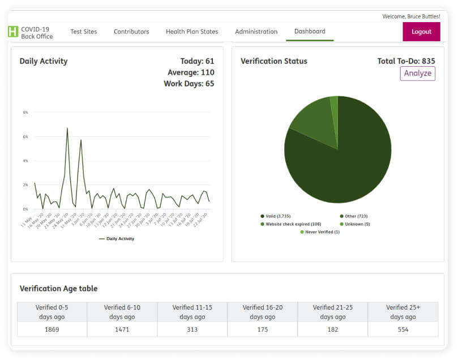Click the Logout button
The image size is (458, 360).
[421, 32]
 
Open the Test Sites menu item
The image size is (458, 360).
[84, 32]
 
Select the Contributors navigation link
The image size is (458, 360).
[131, 32]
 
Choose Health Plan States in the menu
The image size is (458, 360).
[192, 32]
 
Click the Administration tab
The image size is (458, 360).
[256, 32]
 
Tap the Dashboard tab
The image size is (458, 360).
[310, 31]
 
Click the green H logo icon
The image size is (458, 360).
[13, 32]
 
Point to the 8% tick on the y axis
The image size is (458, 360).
[25, 113]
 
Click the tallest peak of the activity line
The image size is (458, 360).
[67, 128]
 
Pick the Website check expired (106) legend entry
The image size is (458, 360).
[290, 224]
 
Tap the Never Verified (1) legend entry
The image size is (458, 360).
[320, 232]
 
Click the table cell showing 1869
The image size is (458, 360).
[52, 329]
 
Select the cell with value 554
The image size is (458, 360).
[403, 329]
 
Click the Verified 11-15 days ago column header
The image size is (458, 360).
[192, 312]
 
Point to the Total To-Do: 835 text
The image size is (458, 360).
[406, 61]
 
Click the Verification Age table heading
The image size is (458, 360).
[58, 289]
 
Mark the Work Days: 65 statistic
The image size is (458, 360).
[189, 84]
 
